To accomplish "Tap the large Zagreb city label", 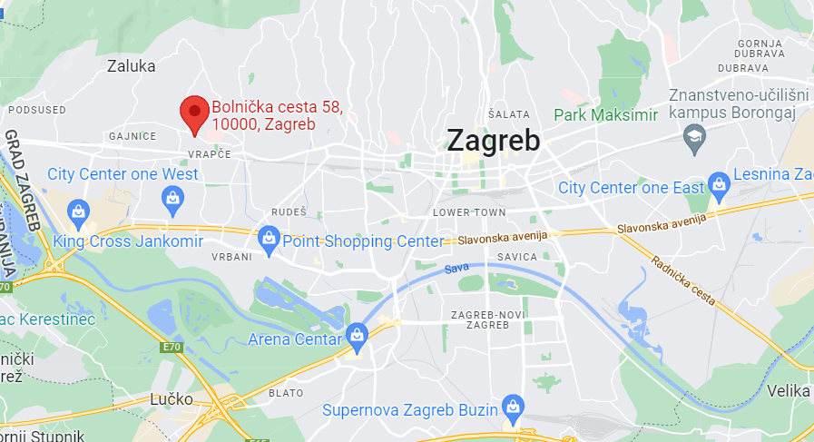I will point(493,141).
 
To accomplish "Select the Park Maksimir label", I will point(605,115).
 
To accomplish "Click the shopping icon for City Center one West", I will point(172,197).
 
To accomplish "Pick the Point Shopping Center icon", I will point(269,240).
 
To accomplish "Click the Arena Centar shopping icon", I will point(358,336).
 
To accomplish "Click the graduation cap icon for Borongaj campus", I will point(694,137).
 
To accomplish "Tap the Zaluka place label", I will point(132,65).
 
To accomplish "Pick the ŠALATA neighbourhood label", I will point(508,114).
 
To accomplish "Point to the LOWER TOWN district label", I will point(469,212).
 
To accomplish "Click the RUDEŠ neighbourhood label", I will point(289,211).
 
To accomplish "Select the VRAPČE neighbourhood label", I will point(211,154).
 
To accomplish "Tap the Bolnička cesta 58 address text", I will point(276,116).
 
